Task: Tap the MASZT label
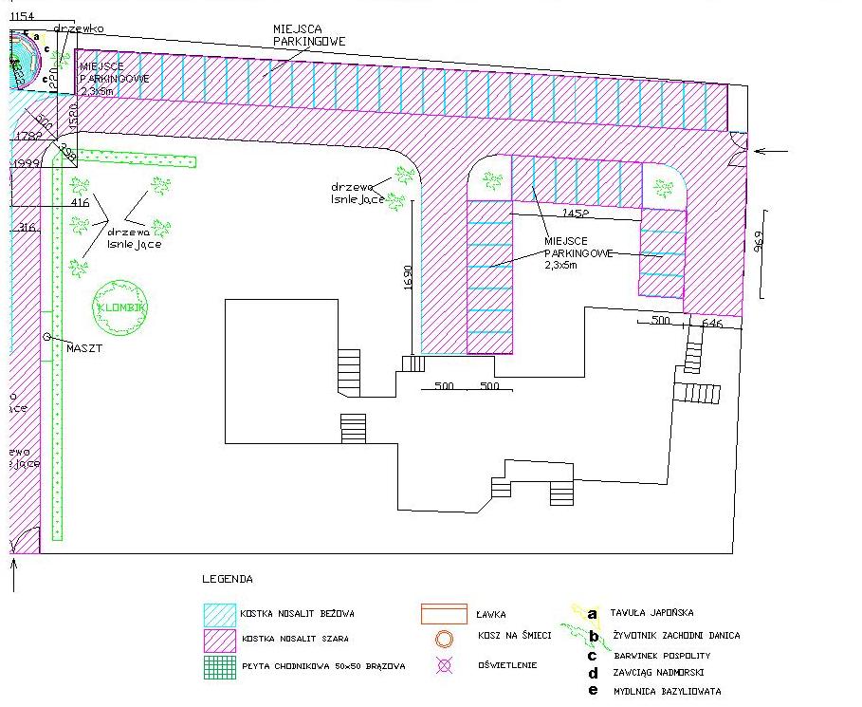click(x=83, y=347)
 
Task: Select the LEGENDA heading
click(x=228, y=578)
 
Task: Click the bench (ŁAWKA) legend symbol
click(x=444, y=614)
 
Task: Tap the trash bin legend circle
click(x=443, y=638)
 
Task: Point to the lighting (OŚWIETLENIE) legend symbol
click(x=443, y=665)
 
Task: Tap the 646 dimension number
click(x=712, y=323)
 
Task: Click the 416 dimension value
click(x=80, y=202)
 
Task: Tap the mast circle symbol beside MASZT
click(x=46, y=337)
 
